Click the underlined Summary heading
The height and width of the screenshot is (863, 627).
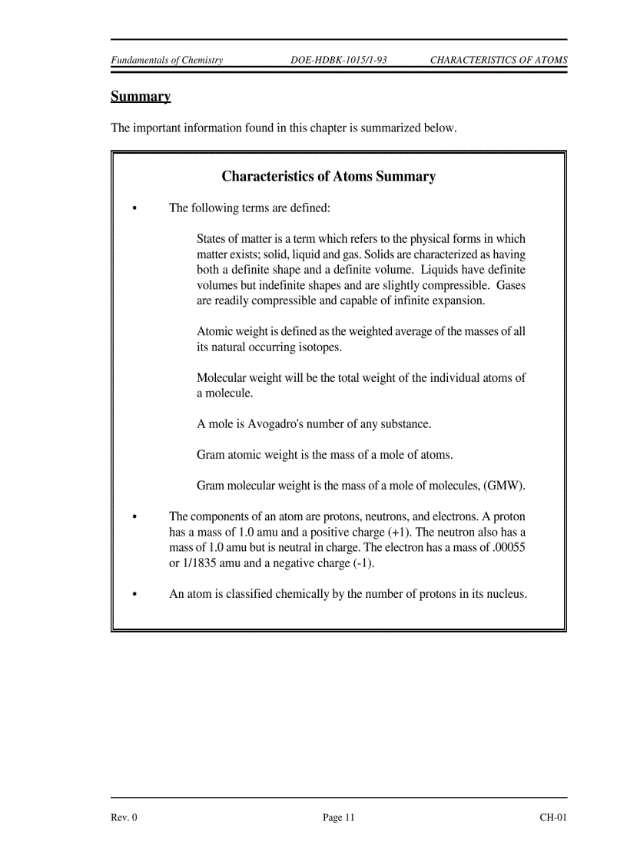click(x=141, y=97)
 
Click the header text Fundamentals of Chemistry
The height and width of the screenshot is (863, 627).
click(x=167, y=61)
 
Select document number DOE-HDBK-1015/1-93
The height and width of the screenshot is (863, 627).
click(x=338, y=61)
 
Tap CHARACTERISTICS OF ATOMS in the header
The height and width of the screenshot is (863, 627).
click(x=498, y=61)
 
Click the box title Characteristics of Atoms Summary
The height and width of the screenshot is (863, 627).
click(x=328, y=177)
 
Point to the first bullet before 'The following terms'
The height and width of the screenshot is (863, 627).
click(x=135, y=209)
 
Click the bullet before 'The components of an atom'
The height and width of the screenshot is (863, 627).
click(x=135, y=517)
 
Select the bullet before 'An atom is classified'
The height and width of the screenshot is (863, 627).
click(x=135, y=595)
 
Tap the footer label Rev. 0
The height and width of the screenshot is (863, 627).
click(x=124, y=818)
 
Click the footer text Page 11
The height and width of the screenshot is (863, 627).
click(x=338, y=818)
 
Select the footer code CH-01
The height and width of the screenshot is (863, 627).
click(x=552, y=818)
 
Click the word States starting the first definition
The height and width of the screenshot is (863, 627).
click(x=211, y=239)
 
